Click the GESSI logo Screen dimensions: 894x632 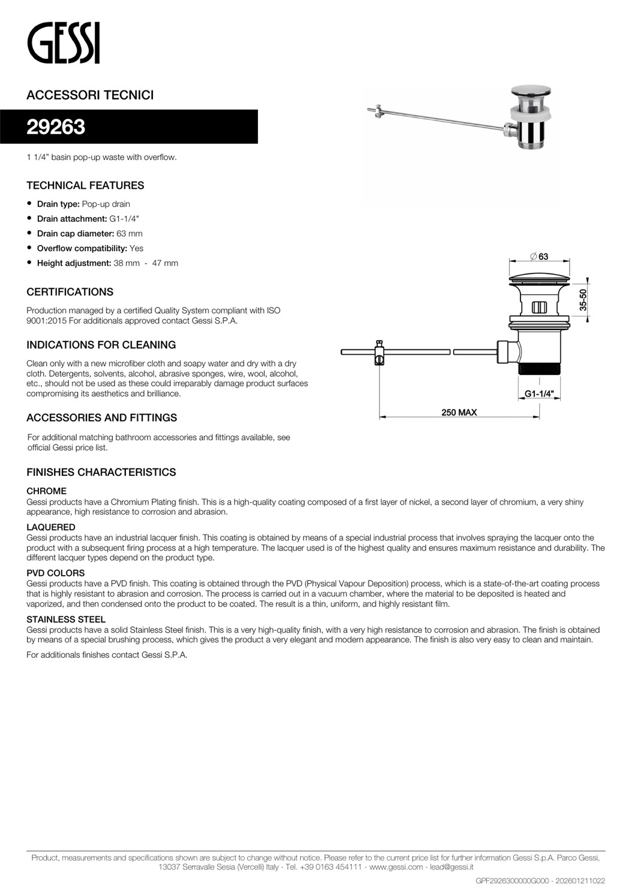click(63, 43)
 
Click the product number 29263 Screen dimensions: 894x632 click(56, 127)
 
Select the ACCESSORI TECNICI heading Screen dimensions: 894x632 click(90, 95)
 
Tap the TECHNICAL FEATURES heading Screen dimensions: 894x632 click(85, 186)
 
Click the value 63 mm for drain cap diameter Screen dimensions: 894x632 click(130, 234)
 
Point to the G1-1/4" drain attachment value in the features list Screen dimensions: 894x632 click(124, 219)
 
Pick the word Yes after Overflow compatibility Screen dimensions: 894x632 click(136, 248)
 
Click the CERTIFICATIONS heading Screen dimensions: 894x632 click(70, 292)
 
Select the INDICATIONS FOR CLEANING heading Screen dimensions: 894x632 click(101, 345)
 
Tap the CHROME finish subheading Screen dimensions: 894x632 click(46, 491)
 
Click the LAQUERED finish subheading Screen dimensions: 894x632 click(50, 527)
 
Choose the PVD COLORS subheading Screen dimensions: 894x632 click(55, 573)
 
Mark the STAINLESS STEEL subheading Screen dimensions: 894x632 click(65, 620)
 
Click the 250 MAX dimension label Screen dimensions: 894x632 click(459, 412)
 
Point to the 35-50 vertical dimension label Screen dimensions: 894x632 click(583, 300)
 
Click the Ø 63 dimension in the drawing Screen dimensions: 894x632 click(539, 256)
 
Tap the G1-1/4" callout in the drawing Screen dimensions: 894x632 click(538, 394)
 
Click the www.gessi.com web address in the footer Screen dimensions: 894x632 click(396, 867)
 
